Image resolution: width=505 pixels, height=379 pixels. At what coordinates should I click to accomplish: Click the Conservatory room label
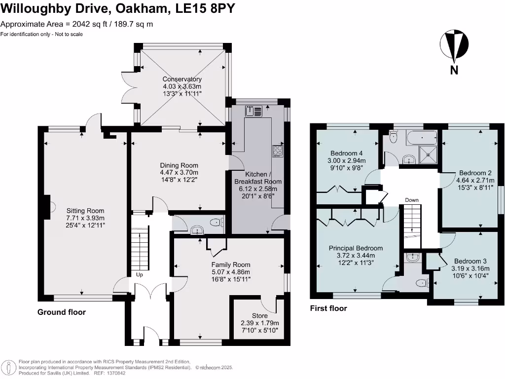click(182, 79)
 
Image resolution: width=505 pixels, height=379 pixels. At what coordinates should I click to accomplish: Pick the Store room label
click(259, 316)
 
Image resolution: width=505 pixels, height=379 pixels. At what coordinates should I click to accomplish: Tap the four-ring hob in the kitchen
click(278, 151)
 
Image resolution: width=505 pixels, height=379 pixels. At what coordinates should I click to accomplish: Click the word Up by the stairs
click(140, 275)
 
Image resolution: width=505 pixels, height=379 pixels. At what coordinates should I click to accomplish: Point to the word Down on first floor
click(411, 200)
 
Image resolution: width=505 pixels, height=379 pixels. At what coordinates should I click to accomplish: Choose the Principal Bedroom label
click(356, 248)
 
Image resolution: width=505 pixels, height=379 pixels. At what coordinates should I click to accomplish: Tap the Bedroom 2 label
click(475, 173)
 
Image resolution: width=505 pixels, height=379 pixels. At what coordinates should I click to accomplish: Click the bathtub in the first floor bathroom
click(421, 138)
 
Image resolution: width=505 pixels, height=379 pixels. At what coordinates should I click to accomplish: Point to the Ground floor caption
click(62, 312)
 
